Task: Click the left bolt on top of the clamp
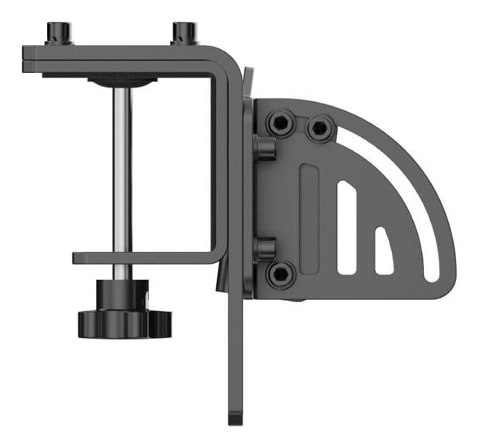[57, 32]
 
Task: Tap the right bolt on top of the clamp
[184, 32]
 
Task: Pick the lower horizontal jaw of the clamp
[145, 258]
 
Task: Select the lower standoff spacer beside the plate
[263, 248]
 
